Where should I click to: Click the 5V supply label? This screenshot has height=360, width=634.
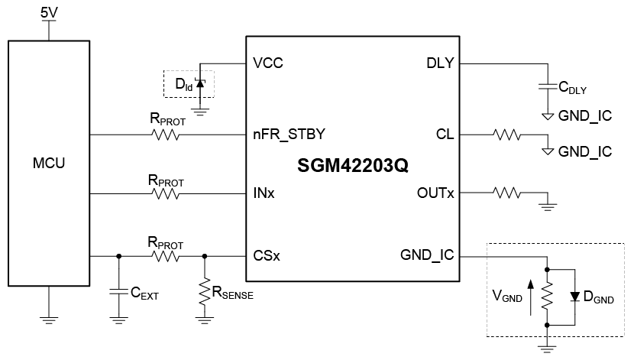tap(49, 13)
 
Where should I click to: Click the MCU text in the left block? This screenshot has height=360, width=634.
tap(49, 163)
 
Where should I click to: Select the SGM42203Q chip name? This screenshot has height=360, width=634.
tap(353, 165)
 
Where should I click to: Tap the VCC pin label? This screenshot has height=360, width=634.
tap(268, 63)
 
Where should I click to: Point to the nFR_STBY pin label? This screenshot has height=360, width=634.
tap(289, 135)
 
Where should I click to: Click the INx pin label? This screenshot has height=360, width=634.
tap(264, 193)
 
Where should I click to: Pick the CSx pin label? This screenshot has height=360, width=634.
tap(267, 255)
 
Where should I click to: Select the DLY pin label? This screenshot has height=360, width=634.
tap(440, 63)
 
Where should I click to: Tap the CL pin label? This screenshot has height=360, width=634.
tap(445, 135)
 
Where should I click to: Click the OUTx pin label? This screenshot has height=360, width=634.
tap(435, 193)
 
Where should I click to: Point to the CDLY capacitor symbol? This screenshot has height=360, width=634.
tap(548, 86)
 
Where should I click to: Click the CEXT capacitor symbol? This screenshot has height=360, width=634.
tap(118, 292)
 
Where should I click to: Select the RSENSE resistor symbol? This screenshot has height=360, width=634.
tap(205, 292)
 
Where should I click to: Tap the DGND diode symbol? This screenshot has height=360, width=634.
tap(574, 297)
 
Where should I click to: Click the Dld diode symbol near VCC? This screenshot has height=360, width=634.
tap(199, 83)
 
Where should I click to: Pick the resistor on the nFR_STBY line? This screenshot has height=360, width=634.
tap(165, 135)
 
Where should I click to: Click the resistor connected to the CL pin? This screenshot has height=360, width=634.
tap(507, 135)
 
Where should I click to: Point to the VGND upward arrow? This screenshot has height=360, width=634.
tap(530, 298)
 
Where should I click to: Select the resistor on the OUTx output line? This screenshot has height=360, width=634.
tap(507, 193)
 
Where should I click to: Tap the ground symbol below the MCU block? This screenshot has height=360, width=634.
tap(49, 321)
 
